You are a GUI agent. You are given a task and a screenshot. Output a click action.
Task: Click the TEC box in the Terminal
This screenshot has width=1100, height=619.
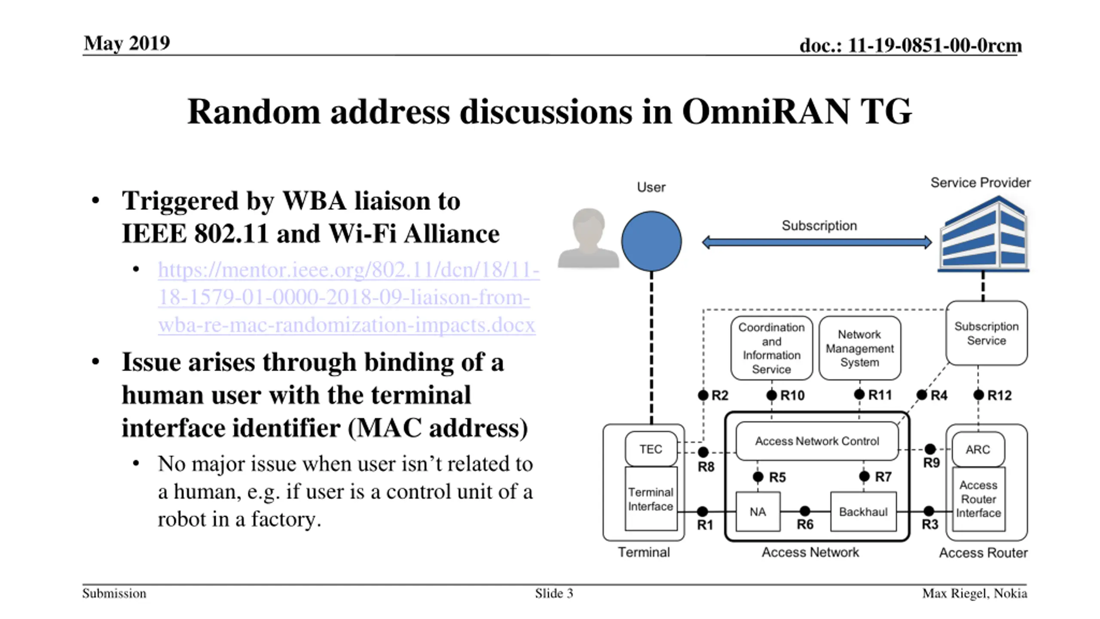(651, 449)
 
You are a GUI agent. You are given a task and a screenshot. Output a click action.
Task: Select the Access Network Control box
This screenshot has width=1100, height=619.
(817, 441)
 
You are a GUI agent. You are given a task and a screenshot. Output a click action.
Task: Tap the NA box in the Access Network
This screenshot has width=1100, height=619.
(758, 512)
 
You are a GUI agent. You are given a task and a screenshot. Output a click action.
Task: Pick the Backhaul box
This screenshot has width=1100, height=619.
(863, 512)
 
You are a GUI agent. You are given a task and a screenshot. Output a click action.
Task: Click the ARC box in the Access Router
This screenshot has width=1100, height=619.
(978, 450)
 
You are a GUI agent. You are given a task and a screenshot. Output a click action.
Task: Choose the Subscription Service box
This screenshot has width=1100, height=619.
(987, 333)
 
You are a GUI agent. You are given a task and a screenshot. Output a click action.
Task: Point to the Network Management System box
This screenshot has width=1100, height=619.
(860, 348)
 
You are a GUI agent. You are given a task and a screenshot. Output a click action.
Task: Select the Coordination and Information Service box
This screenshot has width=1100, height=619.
(772, 348)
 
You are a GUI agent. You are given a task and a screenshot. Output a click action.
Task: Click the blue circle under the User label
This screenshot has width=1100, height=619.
(651, 241)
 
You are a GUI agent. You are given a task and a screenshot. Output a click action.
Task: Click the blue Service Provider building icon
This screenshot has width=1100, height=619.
(984, 234)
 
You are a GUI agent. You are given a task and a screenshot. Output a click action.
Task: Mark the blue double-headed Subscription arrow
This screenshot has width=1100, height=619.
(817, 242)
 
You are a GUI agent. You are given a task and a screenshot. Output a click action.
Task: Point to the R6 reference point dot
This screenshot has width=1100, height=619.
(805, 511)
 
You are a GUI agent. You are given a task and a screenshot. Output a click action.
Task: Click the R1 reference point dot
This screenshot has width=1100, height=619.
(703, 512)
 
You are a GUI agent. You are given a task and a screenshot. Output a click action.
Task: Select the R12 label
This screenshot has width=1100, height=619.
(999, 395)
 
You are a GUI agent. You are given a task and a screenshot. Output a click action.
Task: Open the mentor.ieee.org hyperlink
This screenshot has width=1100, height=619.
(348, 297)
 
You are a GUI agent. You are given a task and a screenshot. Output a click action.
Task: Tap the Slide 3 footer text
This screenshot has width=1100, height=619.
(554, 593)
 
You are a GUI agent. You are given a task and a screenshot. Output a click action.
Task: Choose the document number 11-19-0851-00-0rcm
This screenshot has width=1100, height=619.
(935, 45)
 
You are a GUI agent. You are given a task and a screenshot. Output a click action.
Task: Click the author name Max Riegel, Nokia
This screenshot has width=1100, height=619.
(975, 594)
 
